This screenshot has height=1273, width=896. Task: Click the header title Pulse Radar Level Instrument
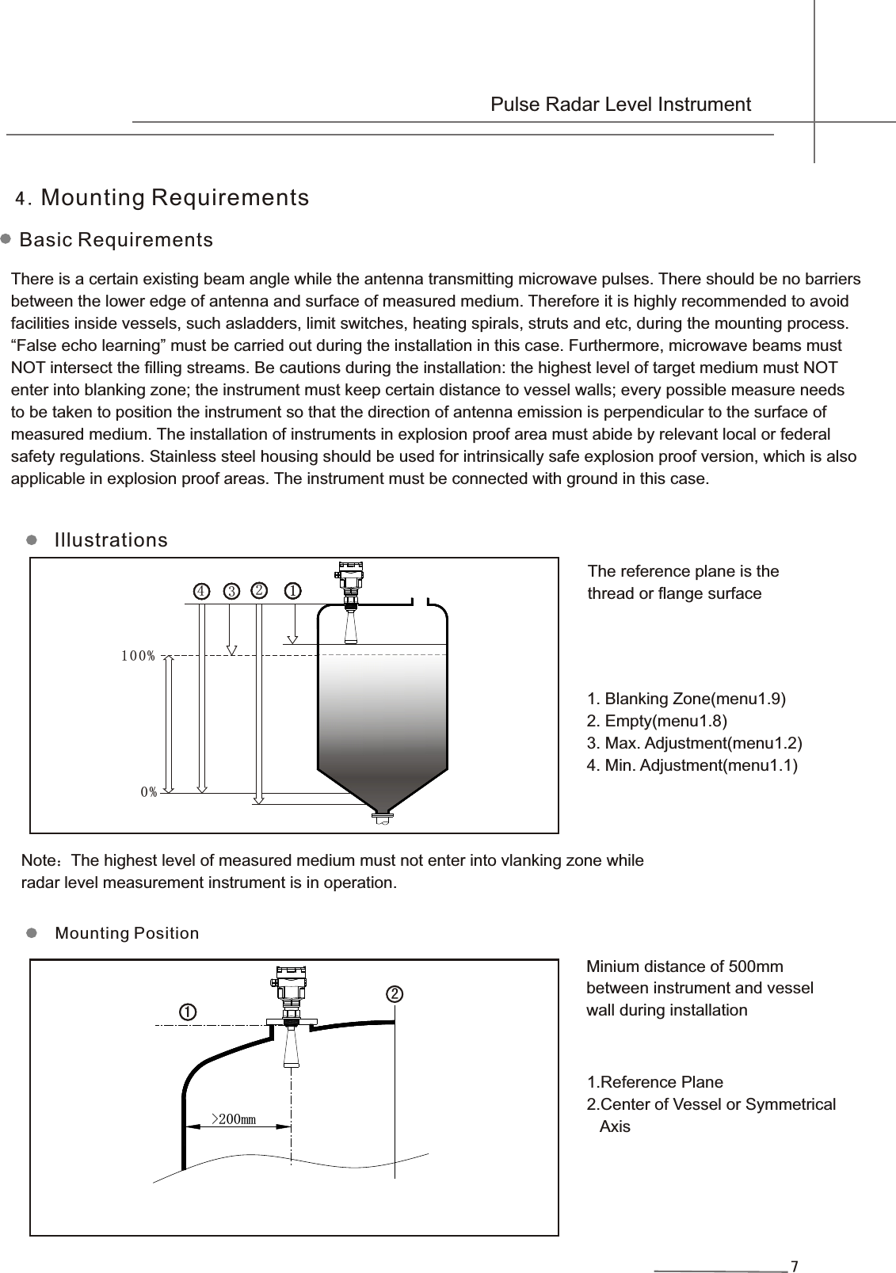[620, 105]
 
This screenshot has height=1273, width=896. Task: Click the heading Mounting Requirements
[174, 197]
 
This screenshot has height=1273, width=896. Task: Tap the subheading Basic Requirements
[116, 240]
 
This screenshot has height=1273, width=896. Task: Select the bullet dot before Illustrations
[32, 540]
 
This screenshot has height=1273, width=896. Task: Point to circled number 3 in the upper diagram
[231, 591]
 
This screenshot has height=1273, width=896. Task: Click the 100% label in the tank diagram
[138, 656]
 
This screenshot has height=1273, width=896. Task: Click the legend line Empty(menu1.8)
[657, 721]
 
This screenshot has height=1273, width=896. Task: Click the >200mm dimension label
[233, 1119]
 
